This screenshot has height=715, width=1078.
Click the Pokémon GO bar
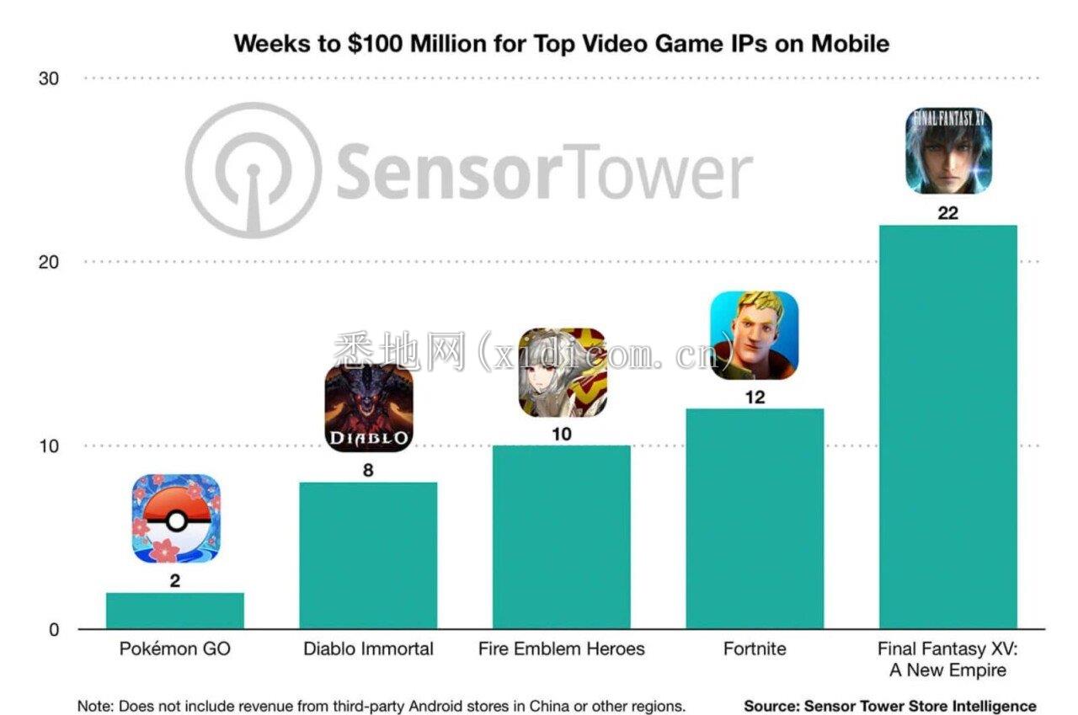coord(174,611)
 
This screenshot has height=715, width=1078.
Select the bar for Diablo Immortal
coord(368,555)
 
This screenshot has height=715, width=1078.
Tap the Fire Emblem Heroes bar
coord(562,536)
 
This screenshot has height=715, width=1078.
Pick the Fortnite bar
coord(755,518)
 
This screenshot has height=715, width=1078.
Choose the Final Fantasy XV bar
coord(947,426)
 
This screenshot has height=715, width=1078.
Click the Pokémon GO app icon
coord(176,519)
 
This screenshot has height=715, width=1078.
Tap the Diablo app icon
coord(369,408)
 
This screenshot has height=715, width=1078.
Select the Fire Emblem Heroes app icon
coord(562,372)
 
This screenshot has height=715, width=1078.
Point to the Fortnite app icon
coord(755,335)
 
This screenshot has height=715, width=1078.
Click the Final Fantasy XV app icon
coord(948,151)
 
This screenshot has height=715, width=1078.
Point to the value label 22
coord(948,214)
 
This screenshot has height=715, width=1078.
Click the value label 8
coord(368,471)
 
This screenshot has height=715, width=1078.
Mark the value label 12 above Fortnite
coord(755,398)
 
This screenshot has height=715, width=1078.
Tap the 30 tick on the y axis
coord(49,78)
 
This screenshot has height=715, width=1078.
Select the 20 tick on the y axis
coord(49,262)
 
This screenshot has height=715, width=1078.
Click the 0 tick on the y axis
coord(54,630)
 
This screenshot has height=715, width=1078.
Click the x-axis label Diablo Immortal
coord(368,649)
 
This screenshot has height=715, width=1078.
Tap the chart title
coord(561,43)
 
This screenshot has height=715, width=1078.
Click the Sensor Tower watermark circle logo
coord(253,171)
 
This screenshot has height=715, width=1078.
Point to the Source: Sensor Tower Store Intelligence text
coord(889,706)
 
